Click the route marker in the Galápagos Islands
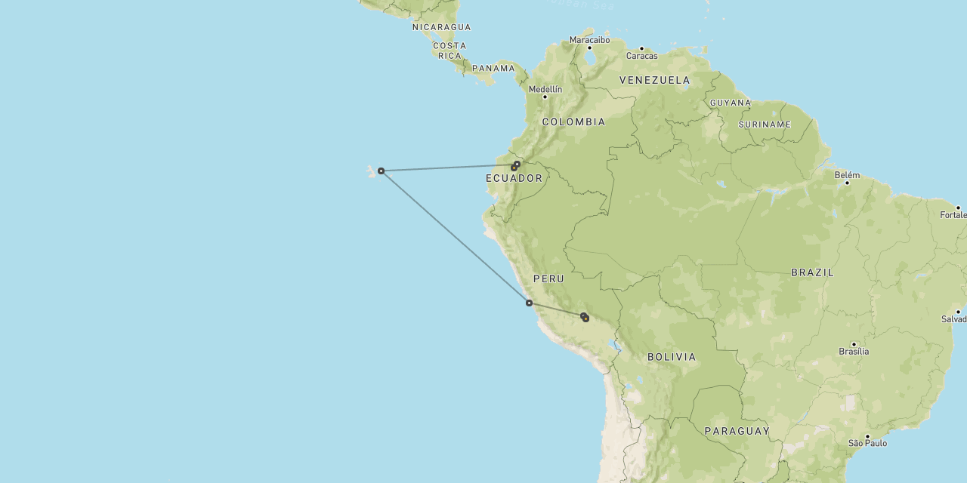tap(382, 171)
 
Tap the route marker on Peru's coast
tap(529, 303)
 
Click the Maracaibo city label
tap(589, 40)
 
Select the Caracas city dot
tap(641, 48)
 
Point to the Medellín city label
tap(545, 89)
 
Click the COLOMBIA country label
tap(573, 122)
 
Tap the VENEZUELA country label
tap(654, 80)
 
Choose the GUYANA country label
tap(731, 103)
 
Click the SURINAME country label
tap(765, 125)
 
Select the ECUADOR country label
tap(514, 178)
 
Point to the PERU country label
tap(548, 279)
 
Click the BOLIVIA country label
tap(672, 357)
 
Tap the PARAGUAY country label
tap(737, 431)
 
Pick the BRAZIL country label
tap(812, 272)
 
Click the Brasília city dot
tap(854, 344)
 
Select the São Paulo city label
tap(867, 443)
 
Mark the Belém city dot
tap(847, 183)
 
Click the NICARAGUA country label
tap(441, 27)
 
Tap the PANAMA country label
tap(493, 68)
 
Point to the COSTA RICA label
tap(450, 51)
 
